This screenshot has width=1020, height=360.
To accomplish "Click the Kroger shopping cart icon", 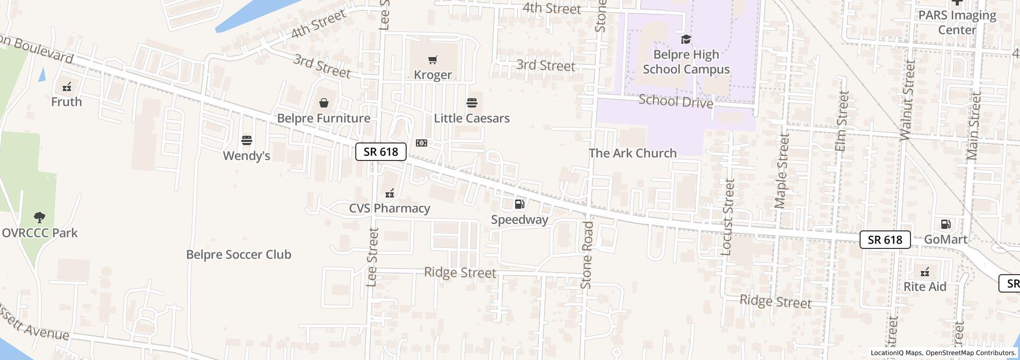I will (x=432, y=60).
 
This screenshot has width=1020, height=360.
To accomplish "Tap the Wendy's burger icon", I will (x=247, y=140).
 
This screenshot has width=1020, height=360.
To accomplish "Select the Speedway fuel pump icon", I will (x=519, y=204).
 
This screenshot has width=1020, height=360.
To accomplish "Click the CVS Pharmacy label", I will (x=389, y=208).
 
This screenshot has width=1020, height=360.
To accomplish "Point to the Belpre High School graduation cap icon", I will (x=685, y=39).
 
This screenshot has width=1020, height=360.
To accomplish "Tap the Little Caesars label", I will (x=471, y=118).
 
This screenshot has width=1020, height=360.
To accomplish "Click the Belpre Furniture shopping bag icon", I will (x=323, y=103).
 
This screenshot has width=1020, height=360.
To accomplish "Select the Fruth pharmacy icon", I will (x=66, y=87).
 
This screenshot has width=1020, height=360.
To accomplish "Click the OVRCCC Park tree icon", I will (x=39, y=218).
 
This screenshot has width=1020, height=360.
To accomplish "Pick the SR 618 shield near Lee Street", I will (x=380, y=152).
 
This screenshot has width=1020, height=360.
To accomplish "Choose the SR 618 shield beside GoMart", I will (x=885, y=240).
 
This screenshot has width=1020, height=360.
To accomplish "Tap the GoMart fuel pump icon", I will (x=945, y=224).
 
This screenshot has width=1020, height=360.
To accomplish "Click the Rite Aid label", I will (x=924, y=287).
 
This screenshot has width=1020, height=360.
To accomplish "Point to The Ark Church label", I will (x=632, y=153).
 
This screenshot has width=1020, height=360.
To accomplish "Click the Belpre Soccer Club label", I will (x=239, y=255).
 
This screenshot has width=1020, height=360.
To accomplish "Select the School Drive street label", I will (x=676, y=101).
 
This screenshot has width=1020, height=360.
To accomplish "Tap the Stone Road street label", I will (x=587, y=255).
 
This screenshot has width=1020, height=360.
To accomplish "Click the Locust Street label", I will (x=727, y=217).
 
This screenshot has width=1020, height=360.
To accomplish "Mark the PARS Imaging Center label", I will (x=957, y=23).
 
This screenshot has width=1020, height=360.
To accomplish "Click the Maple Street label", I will (x=781, y=171).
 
